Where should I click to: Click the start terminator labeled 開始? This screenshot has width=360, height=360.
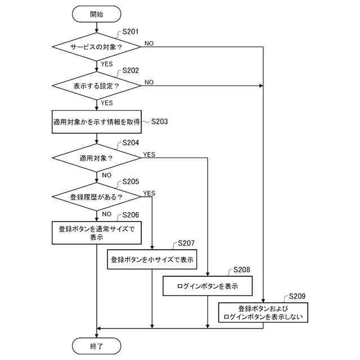(x=96, y=14)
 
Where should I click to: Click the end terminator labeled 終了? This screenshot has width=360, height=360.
(x=96, y=346)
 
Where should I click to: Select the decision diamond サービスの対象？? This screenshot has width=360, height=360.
(x=96, y=47)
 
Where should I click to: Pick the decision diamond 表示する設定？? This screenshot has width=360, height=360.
(x=96, y=85)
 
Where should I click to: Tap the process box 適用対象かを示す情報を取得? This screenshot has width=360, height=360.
(x=97, y=121)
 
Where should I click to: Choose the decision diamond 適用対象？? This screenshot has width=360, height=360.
(x=96, y=158)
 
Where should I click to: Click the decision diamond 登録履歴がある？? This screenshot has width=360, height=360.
(x=96, y=197)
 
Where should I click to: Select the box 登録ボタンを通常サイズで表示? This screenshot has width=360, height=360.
(x=97, y=233)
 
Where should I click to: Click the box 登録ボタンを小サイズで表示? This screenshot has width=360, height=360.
(x=152, y=259)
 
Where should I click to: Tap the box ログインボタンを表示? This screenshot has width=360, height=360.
(x=208, y=286)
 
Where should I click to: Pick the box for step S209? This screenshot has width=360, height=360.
(x=263, y=313)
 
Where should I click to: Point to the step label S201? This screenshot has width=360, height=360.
(x=130, y=31)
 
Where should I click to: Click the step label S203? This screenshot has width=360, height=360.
(x=159, y=121)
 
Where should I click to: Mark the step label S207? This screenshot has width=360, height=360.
(x=186, y=243)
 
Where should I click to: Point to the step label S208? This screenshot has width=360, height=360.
(x=242, y=269)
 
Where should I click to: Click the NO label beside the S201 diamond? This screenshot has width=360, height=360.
(x=149, y=43)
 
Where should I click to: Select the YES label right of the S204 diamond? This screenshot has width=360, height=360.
(x=149, y=155)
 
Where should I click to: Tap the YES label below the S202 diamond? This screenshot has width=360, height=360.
(x=107, y=103)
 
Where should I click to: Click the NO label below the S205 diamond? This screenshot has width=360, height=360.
(x=106, y=214)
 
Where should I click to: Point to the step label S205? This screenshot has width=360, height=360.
(x=130, y=182)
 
